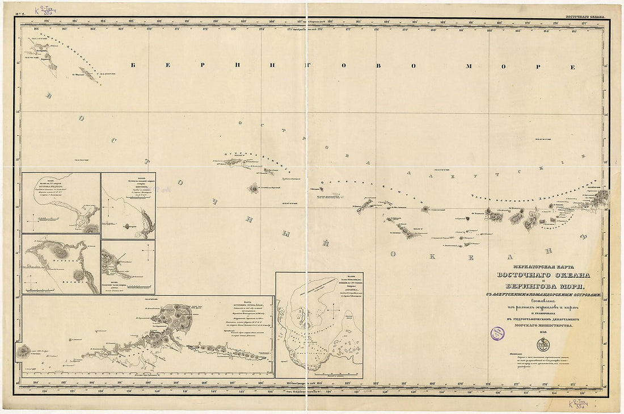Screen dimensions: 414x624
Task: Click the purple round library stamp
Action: click(x=497, y=333)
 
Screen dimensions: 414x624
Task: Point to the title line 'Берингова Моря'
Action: click(x=543, y=288)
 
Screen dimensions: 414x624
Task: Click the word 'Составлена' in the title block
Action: click(x=543, y=302)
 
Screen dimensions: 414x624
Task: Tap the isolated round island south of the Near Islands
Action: click(x=253, y=187)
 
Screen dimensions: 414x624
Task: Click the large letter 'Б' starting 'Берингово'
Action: click(x=134, y=65)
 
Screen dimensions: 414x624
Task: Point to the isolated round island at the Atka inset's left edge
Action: click(x=24, y=352)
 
